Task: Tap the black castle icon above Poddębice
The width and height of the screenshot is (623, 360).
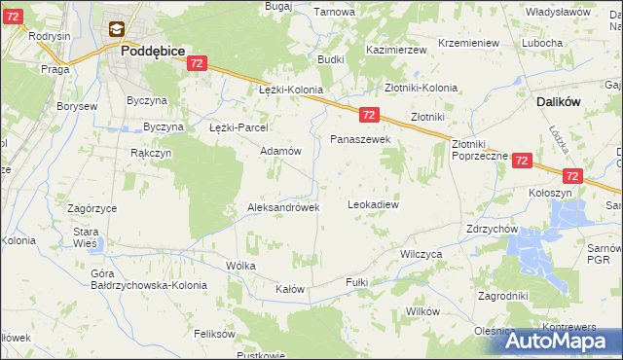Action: click(117, 31)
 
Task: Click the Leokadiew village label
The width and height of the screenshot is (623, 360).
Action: click(374, 205)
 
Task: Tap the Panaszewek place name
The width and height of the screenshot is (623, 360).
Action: click(359, 140)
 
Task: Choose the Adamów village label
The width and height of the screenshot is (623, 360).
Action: click(279, 152)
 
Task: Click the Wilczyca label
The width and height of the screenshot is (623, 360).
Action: click(421, 253)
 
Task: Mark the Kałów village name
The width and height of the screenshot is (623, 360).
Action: click(290, 290)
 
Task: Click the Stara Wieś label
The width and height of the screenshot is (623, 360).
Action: click(87, 238)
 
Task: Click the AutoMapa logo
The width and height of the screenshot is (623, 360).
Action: click(559, 341)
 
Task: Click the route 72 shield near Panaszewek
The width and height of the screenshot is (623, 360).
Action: click(369, 115)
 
